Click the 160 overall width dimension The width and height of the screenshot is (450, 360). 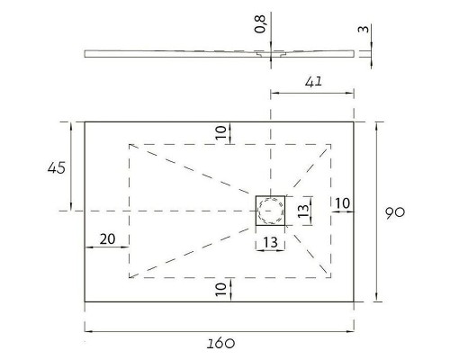click(x=220, y=343)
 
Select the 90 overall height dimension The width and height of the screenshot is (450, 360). click(x=395, y=212)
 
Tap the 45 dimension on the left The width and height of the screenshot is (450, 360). click(x=57, y=167)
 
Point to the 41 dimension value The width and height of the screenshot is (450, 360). click(x=313, y=82)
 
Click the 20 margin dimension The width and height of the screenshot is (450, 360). click(x=107, y=239)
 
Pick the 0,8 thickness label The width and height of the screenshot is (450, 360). click(x=260, y=24)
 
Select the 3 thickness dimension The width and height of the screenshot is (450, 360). click(x=364, y=29)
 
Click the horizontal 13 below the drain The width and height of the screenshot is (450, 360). click(x=270, y=242)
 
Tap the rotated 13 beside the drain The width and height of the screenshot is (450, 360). click(x=303, y=211)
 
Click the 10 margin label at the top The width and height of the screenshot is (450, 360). click(x=220, y=132)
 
